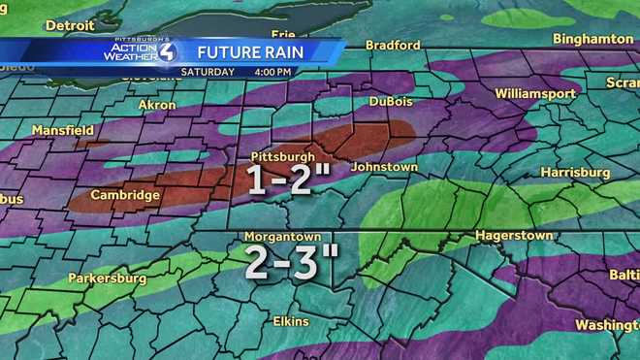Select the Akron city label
pyautogui.click(x=157, y=104)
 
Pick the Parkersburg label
pyautogui.click(x=107, y=278)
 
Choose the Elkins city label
pyautogui.click(x=290, y=321)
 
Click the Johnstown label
pyautogui.click(x=384, y=167)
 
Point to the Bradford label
pyautogui.click(x=393, y=45)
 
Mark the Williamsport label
pyautogui.click(x=534, y=93)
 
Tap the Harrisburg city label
pyautogui.click(x=576, y=173)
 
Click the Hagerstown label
pyautogui.click(x=514, y=236)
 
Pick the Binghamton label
pyautogui.click(x=592, y=39)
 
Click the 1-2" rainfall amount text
pyautogui.click(x=283, y=181)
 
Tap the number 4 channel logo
pyautogui.click(x=166, y=51)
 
